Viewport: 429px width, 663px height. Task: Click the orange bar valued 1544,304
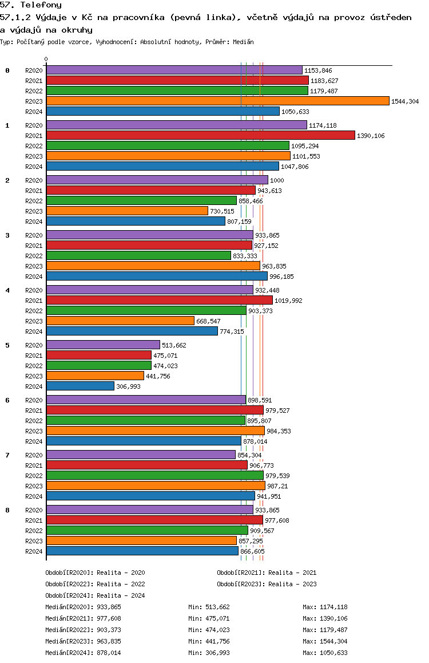click(218, 101)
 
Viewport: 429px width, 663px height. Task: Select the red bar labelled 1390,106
click(201, 135)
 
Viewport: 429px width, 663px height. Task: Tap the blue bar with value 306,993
click(80, 386)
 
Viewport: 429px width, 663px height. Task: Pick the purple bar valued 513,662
click(103, 345)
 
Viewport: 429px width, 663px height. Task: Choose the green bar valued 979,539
click(155, 476)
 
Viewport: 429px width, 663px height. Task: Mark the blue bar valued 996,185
click(157, 277)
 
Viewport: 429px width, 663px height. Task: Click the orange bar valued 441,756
click(95, 376)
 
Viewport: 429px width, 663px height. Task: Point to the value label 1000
click(277, 180)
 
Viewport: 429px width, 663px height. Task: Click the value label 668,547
click(208, 321)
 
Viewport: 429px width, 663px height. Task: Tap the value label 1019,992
click(288, 301)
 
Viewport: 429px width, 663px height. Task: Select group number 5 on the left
click(7, 345)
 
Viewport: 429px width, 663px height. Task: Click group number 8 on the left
click(7, 510)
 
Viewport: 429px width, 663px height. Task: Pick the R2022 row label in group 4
click(34, 311)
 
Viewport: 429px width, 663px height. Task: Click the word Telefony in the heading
click(41, 5)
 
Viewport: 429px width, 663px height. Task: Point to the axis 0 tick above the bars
click(46, 59)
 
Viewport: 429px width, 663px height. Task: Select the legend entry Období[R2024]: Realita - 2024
click(95, 595)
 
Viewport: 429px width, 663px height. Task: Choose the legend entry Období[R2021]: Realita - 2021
click(267, 573)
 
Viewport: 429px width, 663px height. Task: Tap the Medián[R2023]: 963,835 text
click(83, 641)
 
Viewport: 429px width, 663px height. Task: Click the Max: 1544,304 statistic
click(325, 641)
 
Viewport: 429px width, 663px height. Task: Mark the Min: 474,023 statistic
click(209, 630)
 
